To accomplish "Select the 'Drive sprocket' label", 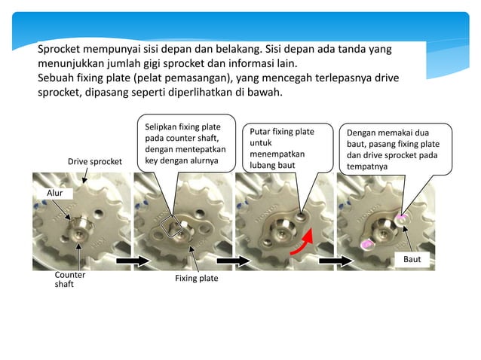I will (95, 161).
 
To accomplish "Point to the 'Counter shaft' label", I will (69, 279).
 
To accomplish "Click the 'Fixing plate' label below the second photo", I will (196, 278).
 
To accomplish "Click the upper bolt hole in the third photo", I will (301, 215).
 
